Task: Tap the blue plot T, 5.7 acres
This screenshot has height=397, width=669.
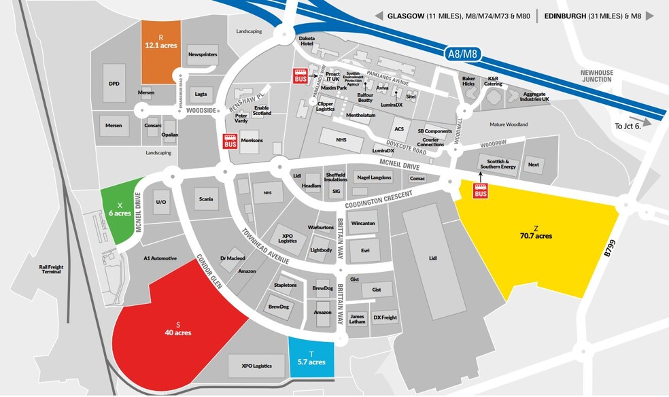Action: click(x=311, y=358)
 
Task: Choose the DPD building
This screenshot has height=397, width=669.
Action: click(x=114, y=84)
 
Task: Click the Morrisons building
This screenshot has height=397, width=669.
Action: click(x=251, y=141)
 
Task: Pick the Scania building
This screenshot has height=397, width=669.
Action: click(x=206, y=199)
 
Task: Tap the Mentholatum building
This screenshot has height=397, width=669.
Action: click(x=361, y=116)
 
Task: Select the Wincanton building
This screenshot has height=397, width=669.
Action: click(x=364, y=223)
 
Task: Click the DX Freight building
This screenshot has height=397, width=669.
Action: click(x=385, y=317)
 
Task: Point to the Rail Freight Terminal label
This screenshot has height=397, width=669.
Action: click(x=51, y=270)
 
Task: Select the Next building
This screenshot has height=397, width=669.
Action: click(x=534, y=165)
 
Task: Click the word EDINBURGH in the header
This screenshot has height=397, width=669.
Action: click(x=570, y=16)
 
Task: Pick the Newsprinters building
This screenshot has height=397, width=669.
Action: click(x=202, y=54)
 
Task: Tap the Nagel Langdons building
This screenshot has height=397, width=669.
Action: click(x=374, y=177)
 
